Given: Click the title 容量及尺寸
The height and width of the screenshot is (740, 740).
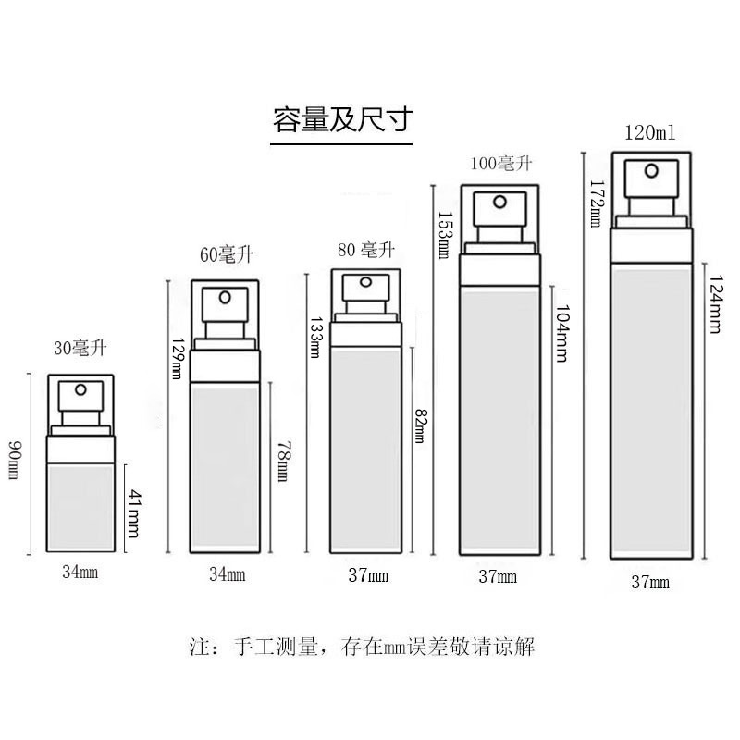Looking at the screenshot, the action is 342,120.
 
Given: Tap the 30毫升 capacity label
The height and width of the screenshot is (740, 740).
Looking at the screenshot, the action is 80,349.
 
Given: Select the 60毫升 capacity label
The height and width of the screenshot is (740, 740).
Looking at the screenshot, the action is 227,255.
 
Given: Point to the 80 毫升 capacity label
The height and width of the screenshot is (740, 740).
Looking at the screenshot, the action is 366,250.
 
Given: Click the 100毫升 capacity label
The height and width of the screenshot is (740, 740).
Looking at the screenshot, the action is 501,164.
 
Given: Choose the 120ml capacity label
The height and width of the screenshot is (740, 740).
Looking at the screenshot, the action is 650,132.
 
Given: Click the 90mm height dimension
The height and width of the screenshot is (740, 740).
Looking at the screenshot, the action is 15,459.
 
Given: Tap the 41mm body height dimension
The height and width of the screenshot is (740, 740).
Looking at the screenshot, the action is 134,513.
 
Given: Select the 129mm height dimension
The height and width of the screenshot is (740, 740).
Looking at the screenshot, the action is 178,359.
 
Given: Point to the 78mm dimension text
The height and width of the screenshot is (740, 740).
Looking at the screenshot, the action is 283,461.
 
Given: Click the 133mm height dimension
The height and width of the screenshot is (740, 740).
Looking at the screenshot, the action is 314,337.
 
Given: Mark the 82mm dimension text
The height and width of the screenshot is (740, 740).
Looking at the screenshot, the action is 419,425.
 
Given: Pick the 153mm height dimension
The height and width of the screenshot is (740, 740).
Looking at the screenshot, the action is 444,235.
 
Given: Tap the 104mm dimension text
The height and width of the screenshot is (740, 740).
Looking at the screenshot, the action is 561,333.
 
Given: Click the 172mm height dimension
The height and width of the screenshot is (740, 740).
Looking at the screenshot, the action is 596,203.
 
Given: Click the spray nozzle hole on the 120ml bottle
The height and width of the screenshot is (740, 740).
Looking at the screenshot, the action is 652,171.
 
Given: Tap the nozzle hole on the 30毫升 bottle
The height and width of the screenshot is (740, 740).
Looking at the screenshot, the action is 80,389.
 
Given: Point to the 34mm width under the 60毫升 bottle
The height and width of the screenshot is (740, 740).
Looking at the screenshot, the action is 227,574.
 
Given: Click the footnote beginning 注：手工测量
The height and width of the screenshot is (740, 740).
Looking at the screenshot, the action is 363,646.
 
